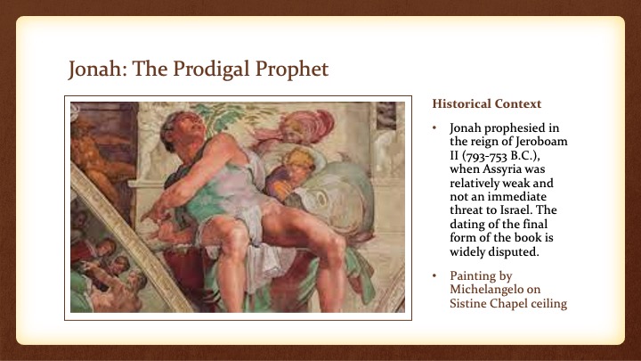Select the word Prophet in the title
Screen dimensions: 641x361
click(292, 70)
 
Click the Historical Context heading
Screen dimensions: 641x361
click(486, 103)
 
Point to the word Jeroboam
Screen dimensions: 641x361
click(541, 141)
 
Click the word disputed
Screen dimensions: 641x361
click(516, 251)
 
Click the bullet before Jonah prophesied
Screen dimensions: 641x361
click(434, 128)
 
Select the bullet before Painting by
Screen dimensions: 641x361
click(434, 275)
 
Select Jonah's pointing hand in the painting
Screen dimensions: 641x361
click(153, 214)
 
